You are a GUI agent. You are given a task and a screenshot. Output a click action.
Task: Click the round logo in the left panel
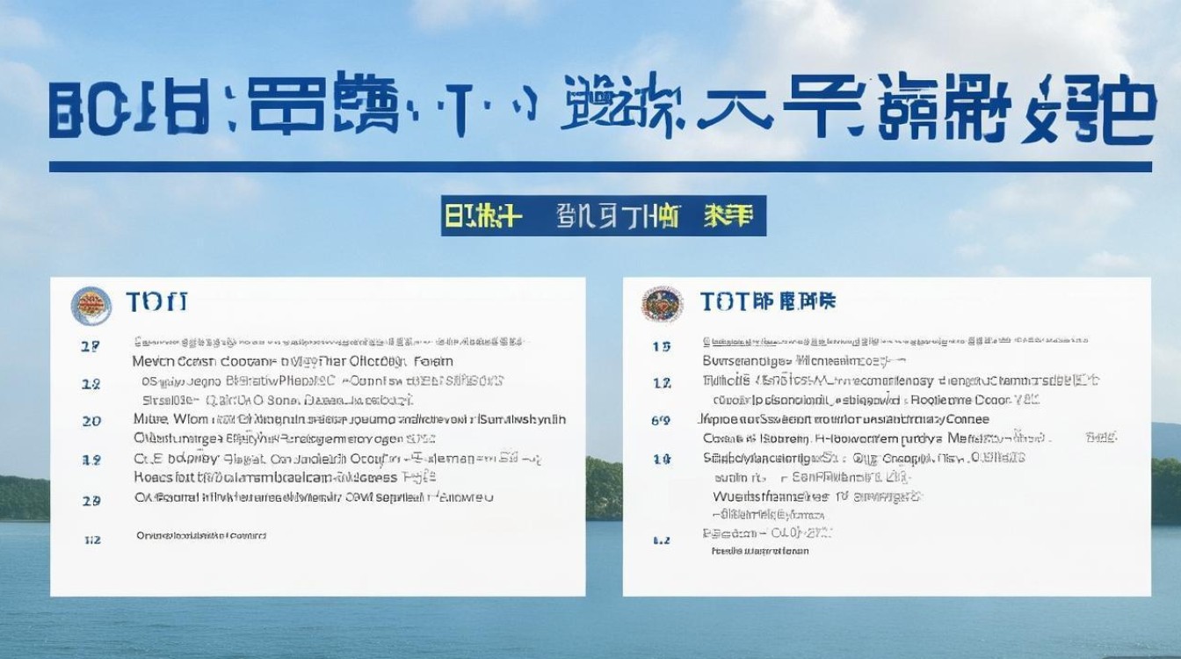click(x=91, y=306)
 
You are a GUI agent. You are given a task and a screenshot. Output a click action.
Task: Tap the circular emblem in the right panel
click(x=663, y=304)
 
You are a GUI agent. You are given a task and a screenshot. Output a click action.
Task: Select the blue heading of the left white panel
click(x=157, y=303)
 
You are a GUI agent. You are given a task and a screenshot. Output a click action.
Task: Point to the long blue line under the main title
click(x=600, y=166)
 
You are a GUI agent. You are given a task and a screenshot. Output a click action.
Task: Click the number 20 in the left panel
click(x=91, y=421)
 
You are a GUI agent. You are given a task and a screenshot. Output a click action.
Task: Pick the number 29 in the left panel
click(x=91, y=501)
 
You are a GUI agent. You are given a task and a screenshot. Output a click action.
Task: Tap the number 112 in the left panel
click(x=91, y=539)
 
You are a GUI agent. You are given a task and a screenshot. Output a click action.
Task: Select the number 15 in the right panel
click(x=662, y=346)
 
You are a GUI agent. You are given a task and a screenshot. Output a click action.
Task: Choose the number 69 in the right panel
click(x=661, y=421)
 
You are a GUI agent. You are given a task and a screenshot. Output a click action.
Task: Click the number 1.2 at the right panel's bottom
click(x=662, y=540)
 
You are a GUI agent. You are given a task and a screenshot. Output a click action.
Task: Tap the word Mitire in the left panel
click(x=150, y=419)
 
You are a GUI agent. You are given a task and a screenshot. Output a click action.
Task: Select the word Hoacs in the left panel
click(x=152, y=477)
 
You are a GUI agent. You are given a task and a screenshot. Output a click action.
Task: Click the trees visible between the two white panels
click(x=604, y=488)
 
